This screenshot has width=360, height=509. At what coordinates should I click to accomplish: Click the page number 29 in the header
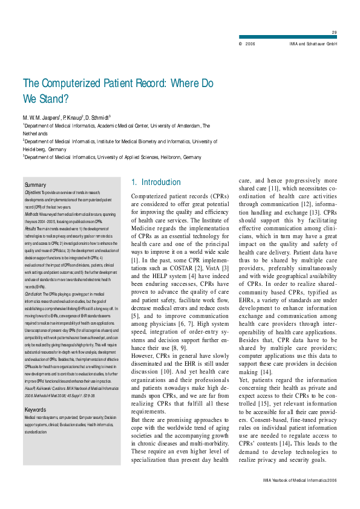click(x=335, y=32)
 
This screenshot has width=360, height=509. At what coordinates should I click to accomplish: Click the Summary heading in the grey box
click(x=35, y=184)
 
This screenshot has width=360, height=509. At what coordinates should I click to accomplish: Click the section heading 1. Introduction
click(x=155, y=182)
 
